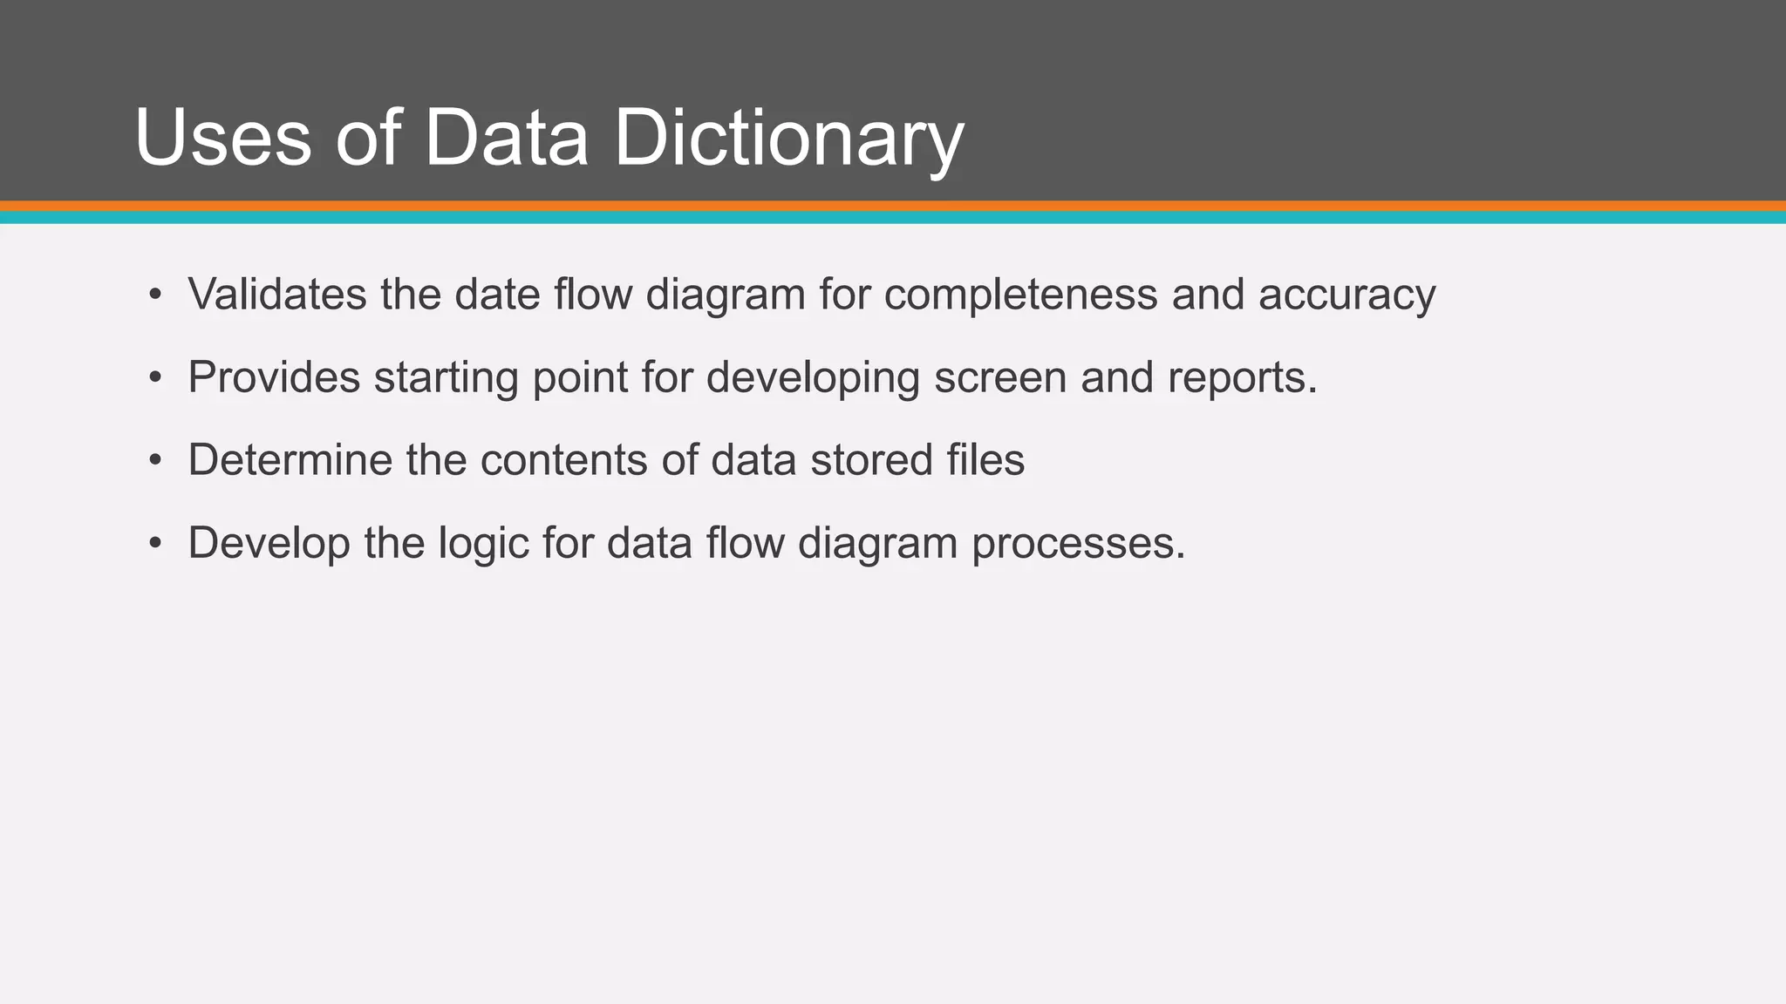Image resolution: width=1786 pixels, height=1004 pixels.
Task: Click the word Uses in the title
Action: tap(222, 139)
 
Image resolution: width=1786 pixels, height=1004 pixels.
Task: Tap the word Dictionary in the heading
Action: tap(789, 139)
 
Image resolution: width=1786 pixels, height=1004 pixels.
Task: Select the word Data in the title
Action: tap(506, 139)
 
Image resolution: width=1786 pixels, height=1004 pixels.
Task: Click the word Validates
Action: tap(277, 295)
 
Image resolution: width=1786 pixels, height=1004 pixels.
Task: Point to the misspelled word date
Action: tap(496, 295)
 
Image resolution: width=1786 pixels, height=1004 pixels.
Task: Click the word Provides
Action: tap(274, 377)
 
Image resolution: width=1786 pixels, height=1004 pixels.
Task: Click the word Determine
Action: tap(290, 460)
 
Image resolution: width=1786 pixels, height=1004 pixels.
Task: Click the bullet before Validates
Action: tap(155, 295)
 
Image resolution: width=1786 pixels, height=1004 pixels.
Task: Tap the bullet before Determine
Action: tap(155, 460)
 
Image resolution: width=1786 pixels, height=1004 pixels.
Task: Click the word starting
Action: tap(446, 378)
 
